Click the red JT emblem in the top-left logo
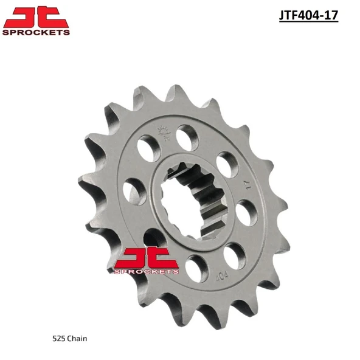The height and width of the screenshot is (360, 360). pyautogui.click(x=36, y=17)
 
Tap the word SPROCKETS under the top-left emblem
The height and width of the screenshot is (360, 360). pyautogui.click(x=36, y=32)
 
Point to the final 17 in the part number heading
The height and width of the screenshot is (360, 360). pyautogui.click(x=331, y=15)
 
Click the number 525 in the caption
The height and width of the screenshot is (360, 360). pyautogui.click(x=58, y=339)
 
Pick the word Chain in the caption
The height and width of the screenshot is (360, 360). pyautogui.click(x=77, y=339)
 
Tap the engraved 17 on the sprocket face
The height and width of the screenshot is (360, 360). pyautogui.click(x=247, y=185)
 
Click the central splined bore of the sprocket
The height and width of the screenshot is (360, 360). pyautogui.click(x=192, y=201)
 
